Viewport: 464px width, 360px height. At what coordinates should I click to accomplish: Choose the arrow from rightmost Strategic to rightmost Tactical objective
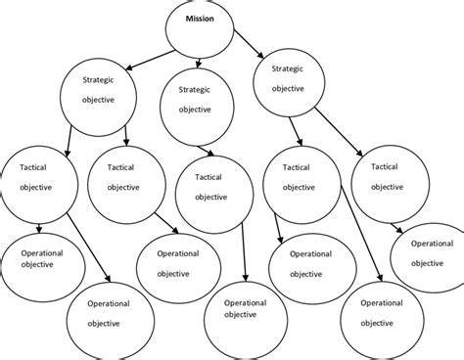click(x=340, y=137)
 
